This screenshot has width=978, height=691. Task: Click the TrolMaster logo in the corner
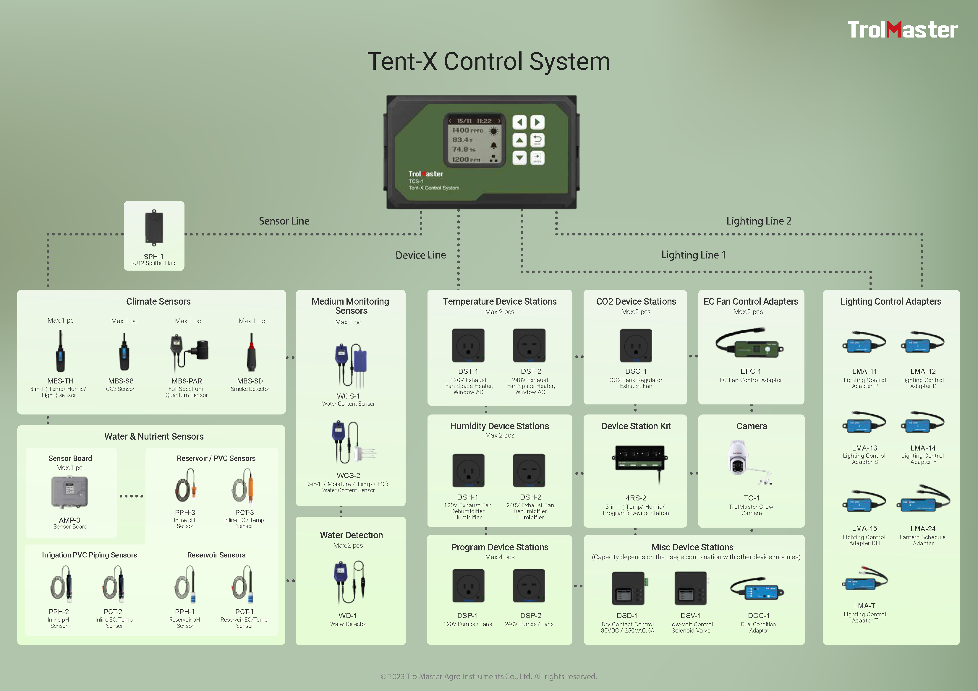902,30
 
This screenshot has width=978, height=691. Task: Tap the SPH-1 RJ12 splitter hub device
154,228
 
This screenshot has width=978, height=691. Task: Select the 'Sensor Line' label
284,221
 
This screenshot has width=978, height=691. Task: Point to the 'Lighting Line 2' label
759,221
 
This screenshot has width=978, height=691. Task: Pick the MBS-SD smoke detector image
251,352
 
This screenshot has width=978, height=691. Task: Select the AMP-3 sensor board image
69,492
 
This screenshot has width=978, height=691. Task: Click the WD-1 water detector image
350,582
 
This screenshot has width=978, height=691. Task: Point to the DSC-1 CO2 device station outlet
636,345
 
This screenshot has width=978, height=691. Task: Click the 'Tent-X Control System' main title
489,61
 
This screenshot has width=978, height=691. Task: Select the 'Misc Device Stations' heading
692,547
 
